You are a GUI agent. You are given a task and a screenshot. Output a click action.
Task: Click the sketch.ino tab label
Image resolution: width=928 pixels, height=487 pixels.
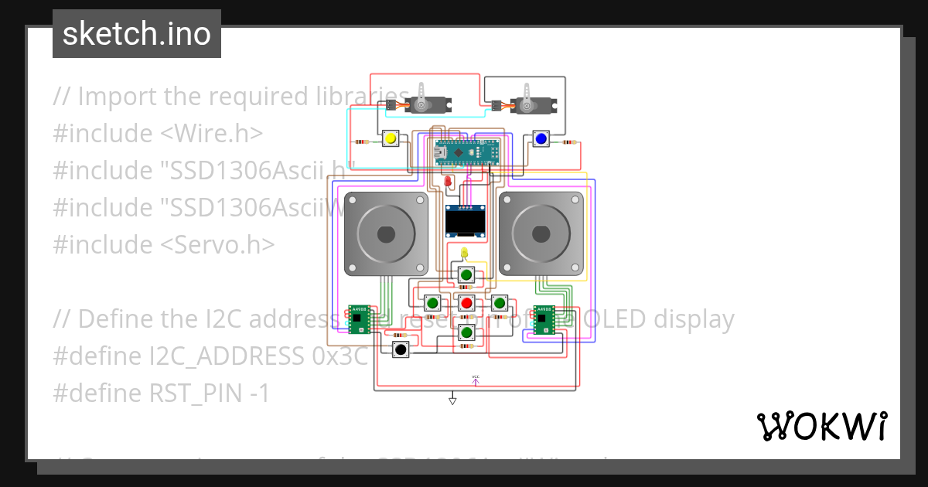coord(137,34)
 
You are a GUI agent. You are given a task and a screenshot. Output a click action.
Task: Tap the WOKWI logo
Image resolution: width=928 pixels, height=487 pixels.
coord(821,426)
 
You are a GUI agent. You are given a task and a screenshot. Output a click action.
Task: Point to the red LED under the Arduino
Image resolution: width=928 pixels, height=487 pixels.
coord(448,182)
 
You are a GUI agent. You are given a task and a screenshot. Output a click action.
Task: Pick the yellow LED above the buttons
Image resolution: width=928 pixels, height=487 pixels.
coord(464,253)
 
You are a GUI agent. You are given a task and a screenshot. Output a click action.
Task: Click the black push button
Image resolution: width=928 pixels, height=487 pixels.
coord(401,349)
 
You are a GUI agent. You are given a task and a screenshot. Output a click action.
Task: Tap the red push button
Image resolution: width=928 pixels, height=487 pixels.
coord(466,302)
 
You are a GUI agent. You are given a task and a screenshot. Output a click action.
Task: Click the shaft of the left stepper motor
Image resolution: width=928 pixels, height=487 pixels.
coord(386,233)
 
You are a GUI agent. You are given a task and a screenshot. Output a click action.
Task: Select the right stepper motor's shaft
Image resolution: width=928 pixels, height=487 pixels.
coord(541,233)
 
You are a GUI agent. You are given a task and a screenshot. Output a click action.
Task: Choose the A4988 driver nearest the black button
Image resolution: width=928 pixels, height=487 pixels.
coord(360,320)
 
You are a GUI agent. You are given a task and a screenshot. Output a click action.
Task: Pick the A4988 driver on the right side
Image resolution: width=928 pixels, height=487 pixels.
coord(544,320)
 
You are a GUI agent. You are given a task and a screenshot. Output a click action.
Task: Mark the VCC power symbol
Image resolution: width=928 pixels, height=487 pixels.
coord(476,379)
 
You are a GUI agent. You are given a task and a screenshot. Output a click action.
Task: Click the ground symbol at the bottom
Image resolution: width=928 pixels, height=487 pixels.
coord(452,400)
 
